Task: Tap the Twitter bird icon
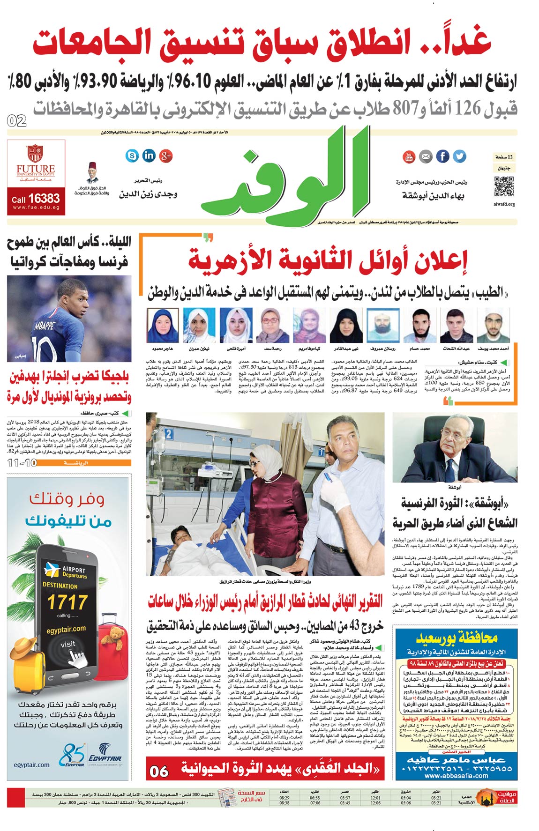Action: click(x=459, y=156)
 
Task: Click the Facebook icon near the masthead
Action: click(x=442, y=156)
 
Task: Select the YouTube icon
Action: click(x=409, y=156)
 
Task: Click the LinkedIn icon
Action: click(x=149, y=156)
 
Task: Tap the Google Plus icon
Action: click(x=166, y=156)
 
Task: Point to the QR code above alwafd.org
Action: click(x=504, y=186)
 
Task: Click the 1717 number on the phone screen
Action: click(x=67, y=602)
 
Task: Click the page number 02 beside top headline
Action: click(x=17, y=121)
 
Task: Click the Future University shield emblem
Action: click(x=35, y=154)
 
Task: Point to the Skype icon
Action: click(x=132, y=156)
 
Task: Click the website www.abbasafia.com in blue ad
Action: click(x=456, y=775)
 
